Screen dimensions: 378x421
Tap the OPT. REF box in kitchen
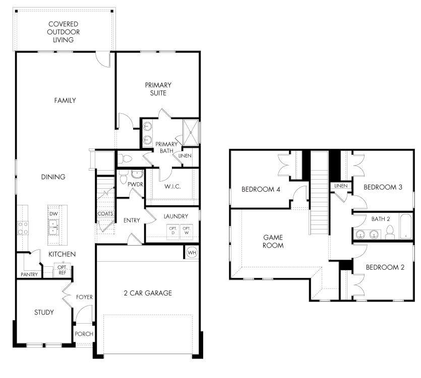coord(62,270)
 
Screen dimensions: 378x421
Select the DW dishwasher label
coord(54,214)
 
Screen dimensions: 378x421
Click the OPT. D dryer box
coord(172,231)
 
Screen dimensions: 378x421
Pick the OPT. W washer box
coord(187,231)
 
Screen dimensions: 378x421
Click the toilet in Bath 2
coord(389,232)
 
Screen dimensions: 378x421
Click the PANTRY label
coord(29,274)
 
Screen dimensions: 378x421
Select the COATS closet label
coord(105,214)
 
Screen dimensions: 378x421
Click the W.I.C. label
coord(172,187)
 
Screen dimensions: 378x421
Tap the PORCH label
coord(84,334)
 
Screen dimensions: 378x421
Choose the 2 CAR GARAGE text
coord(148,293)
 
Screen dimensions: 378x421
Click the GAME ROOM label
coord(273,242)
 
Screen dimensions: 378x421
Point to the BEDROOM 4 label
coord(261,189)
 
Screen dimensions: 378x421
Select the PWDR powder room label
coord(135,185)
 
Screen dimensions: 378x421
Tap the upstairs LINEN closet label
coord(341,186)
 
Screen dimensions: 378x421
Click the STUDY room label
coord(44,312)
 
